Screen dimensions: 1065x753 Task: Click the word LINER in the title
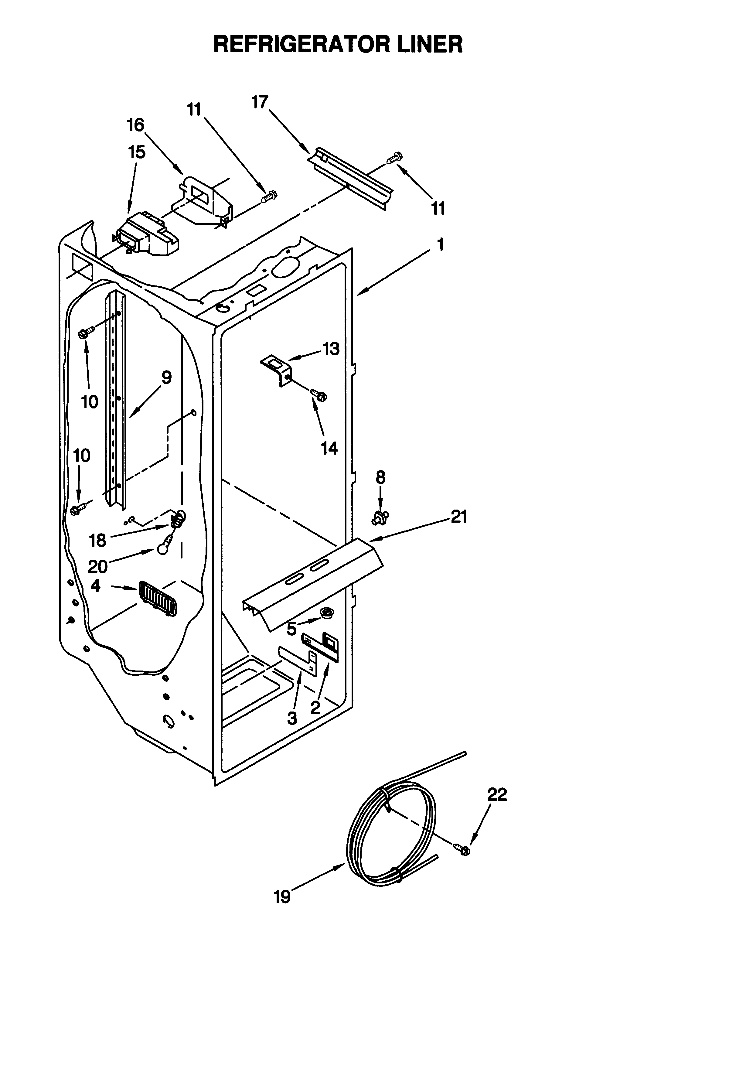point(423,45)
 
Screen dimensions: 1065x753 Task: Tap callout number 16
point(135,125)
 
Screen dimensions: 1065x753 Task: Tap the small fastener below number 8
point(380,517)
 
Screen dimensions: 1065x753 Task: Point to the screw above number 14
point(319,395)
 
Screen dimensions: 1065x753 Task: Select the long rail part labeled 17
point(353,179)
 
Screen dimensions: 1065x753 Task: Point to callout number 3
point(292,718)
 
